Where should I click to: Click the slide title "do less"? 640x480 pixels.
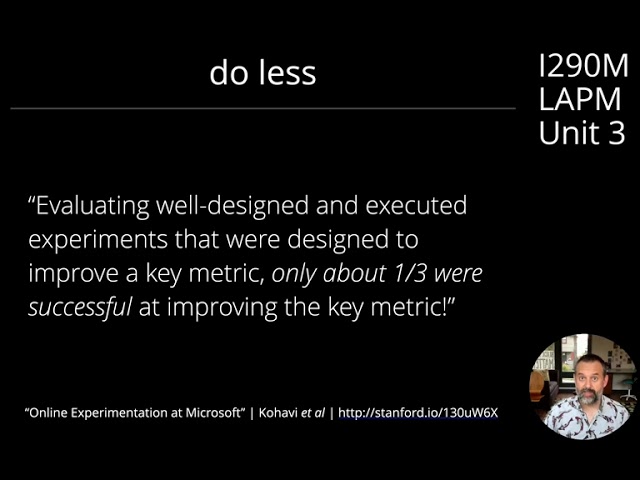pos(263,73)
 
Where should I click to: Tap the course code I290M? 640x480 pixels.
pos(583,67)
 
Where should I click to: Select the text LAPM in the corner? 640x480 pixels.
pos(580,100)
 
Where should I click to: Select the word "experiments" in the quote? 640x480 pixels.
pos(91,240)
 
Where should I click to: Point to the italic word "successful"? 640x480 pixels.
pos(79,307)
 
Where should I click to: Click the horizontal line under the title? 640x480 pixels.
pos(262,108)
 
